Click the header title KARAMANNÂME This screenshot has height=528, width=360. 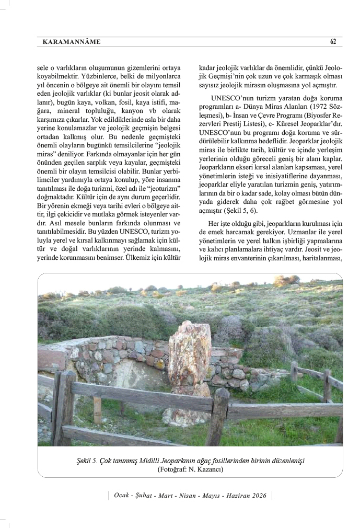pyautogui.click(x=72, y=42)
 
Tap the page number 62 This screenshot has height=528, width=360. pyautogui.click(x=332, y=42)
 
